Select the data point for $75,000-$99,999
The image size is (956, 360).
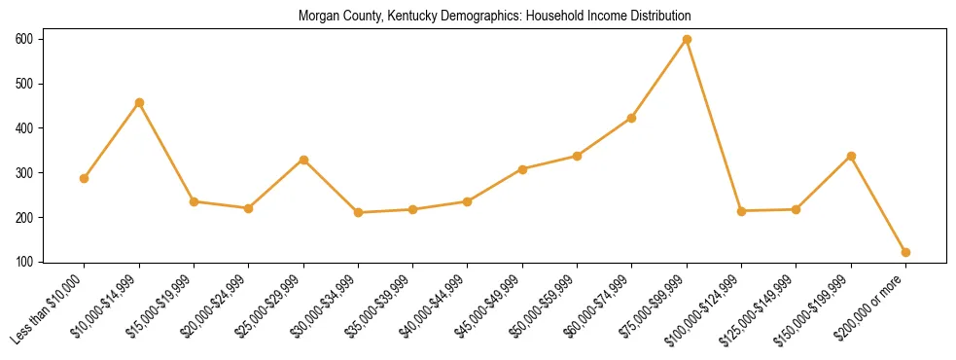coord(688,39)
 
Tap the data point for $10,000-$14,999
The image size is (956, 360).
coord(139,102)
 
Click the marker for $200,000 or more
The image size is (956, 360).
coord(906,252)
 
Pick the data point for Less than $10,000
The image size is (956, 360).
coord(85,178)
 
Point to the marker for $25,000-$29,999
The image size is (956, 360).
coord(303,160)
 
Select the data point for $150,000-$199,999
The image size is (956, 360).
coord(852,156)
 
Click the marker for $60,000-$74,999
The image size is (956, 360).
coord(632,118)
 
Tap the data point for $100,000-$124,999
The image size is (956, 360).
coord(742,211)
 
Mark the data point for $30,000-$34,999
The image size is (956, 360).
coord(359,212)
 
